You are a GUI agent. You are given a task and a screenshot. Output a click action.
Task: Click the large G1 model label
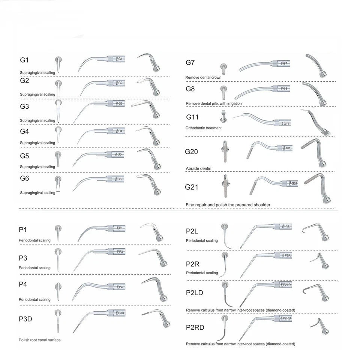click(24, 60)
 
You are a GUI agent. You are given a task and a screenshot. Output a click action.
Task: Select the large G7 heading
click(190, 63)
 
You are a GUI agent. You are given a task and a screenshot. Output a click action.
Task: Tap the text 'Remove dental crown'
click(203, 78)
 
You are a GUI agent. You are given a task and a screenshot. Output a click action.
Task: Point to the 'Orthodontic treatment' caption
click(204, 128)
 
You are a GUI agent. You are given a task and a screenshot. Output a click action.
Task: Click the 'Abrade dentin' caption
click(199, 168)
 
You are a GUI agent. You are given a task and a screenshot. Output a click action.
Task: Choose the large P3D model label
click(25, 319)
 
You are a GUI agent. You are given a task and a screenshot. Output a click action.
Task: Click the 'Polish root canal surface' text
click(40, 340)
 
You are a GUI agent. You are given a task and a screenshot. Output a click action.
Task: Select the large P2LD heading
click(195, 293)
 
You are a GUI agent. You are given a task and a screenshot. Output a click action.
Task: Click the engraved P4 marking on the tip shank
click(120, 287)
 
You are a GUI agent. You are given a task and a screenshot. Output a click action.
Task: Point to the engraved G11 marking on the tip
click(286, 124)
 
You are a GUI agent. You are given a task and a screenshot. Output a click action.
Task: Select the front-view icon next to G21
click(225, 186)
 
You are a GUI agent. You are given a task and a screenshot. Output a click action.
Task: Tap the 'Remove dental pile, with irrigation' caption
click(214, 103)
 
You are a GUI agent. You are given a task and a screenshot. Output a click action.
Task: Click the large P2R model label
click(193, 264)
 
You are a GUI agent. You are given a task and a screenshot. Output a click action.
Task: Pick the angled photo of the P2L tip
click(316, 232)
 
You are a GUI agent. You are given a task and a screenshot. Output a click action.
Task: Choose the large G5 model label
click(25, 156)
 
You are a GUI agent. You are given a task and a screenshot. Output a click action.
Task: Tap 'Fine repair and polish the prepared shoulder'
click(228, 205)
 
